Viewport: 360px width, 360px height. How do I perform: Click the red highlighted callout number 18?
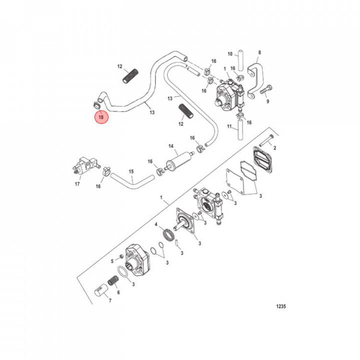click(101, 118)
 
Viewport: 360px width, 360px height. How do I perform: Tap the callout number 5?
click(111, 261)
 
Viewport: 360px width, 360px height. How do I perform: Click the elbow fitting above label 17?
click(82, 164)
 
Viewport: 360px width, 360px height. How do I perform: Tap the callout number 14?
click(170, 146)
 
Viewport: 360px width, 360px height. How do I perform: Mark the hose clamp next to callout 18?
click(95, 104)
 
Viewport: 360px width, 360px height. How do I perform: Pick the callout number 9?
click(267, 100)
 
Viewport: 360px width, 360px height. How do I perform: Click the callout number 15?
click(131, 171)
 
